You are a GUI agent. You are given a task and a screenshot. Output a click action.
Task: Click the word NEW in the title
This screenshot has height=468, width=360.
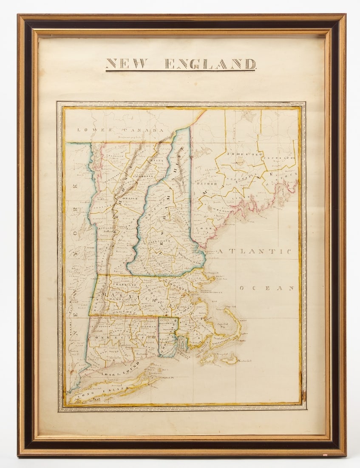pyautogui.click(x=127, y=64)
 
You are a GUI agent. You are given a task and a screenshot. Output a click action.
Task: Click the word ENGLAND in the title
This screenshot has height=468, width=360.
pyautogui.click(x=210, y=64)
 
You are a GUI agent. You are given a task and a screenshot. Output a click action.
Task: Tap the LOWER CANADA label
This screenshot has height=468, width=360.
pyautogui.click(x=120, y=130)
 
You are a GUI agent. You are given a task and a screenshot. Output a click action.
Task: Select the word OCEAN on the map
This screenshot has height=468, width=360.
pyautogui.click(x=267, y=288)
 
